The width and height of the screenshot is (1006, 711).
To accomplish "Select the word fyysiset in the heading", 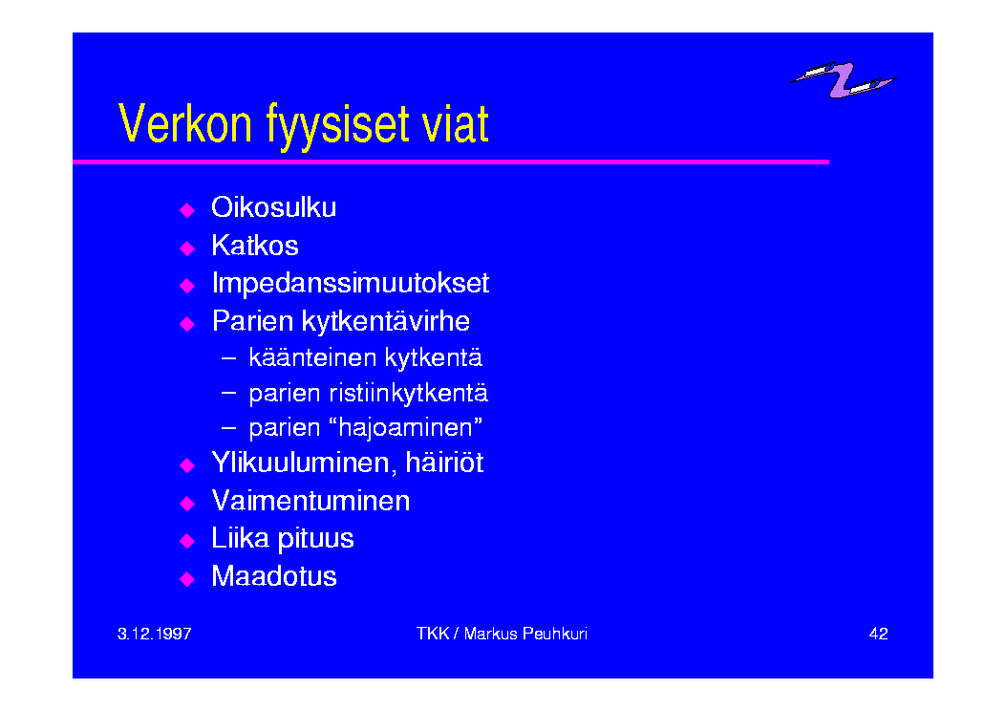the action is click(337, 126).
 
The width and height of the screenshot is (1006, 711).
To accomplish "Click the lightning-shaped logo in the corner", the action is click(844, 79).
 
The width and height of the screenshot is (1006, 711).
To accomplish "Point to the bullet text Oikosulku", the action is click(274, 207).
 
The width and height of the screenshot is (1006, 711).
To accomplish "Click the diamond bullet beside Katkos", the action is click(187, 248).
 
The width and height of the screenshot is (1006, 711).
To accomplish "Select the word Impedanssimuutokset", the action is click(351, 284).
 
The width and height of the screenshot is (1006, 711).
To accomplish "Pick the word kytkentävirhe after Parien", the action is click(386, 322).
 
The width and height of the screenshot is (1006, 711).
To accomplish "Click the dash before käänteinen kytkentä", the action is click(228, 357).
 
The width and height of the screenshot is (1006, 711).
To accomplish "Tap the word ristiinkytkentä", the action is click(409, 394).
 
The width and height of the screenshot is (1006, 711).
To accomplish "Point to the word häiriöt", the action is click(444, 463).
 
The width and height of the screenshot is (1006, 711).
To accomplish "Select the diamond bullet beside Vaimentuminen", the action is click(187, 503).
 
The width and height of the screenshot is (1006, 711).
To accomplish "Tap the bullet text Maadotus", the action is click(274, 576).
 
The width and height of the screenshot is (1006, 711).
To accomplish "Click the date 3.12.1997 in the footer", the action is click(155, 634).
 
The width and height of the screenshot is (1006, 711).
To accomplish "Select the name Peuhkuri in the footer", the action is click(555, 634).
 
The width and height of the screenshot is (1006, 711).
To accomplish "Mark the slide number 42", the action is click(878, 634).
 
